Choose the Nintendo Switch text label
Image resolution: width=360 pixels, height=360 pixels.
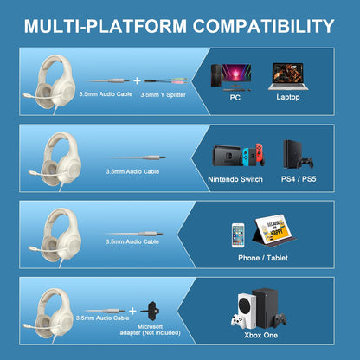(235, 179)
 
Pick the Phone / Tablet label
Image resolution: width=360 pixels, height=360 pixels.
(264, 258)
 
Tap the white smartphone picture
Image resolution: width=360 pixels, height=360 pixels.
(238, 235)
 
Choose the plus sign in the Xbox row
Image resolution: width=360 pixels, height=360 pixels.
(133, 310)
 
